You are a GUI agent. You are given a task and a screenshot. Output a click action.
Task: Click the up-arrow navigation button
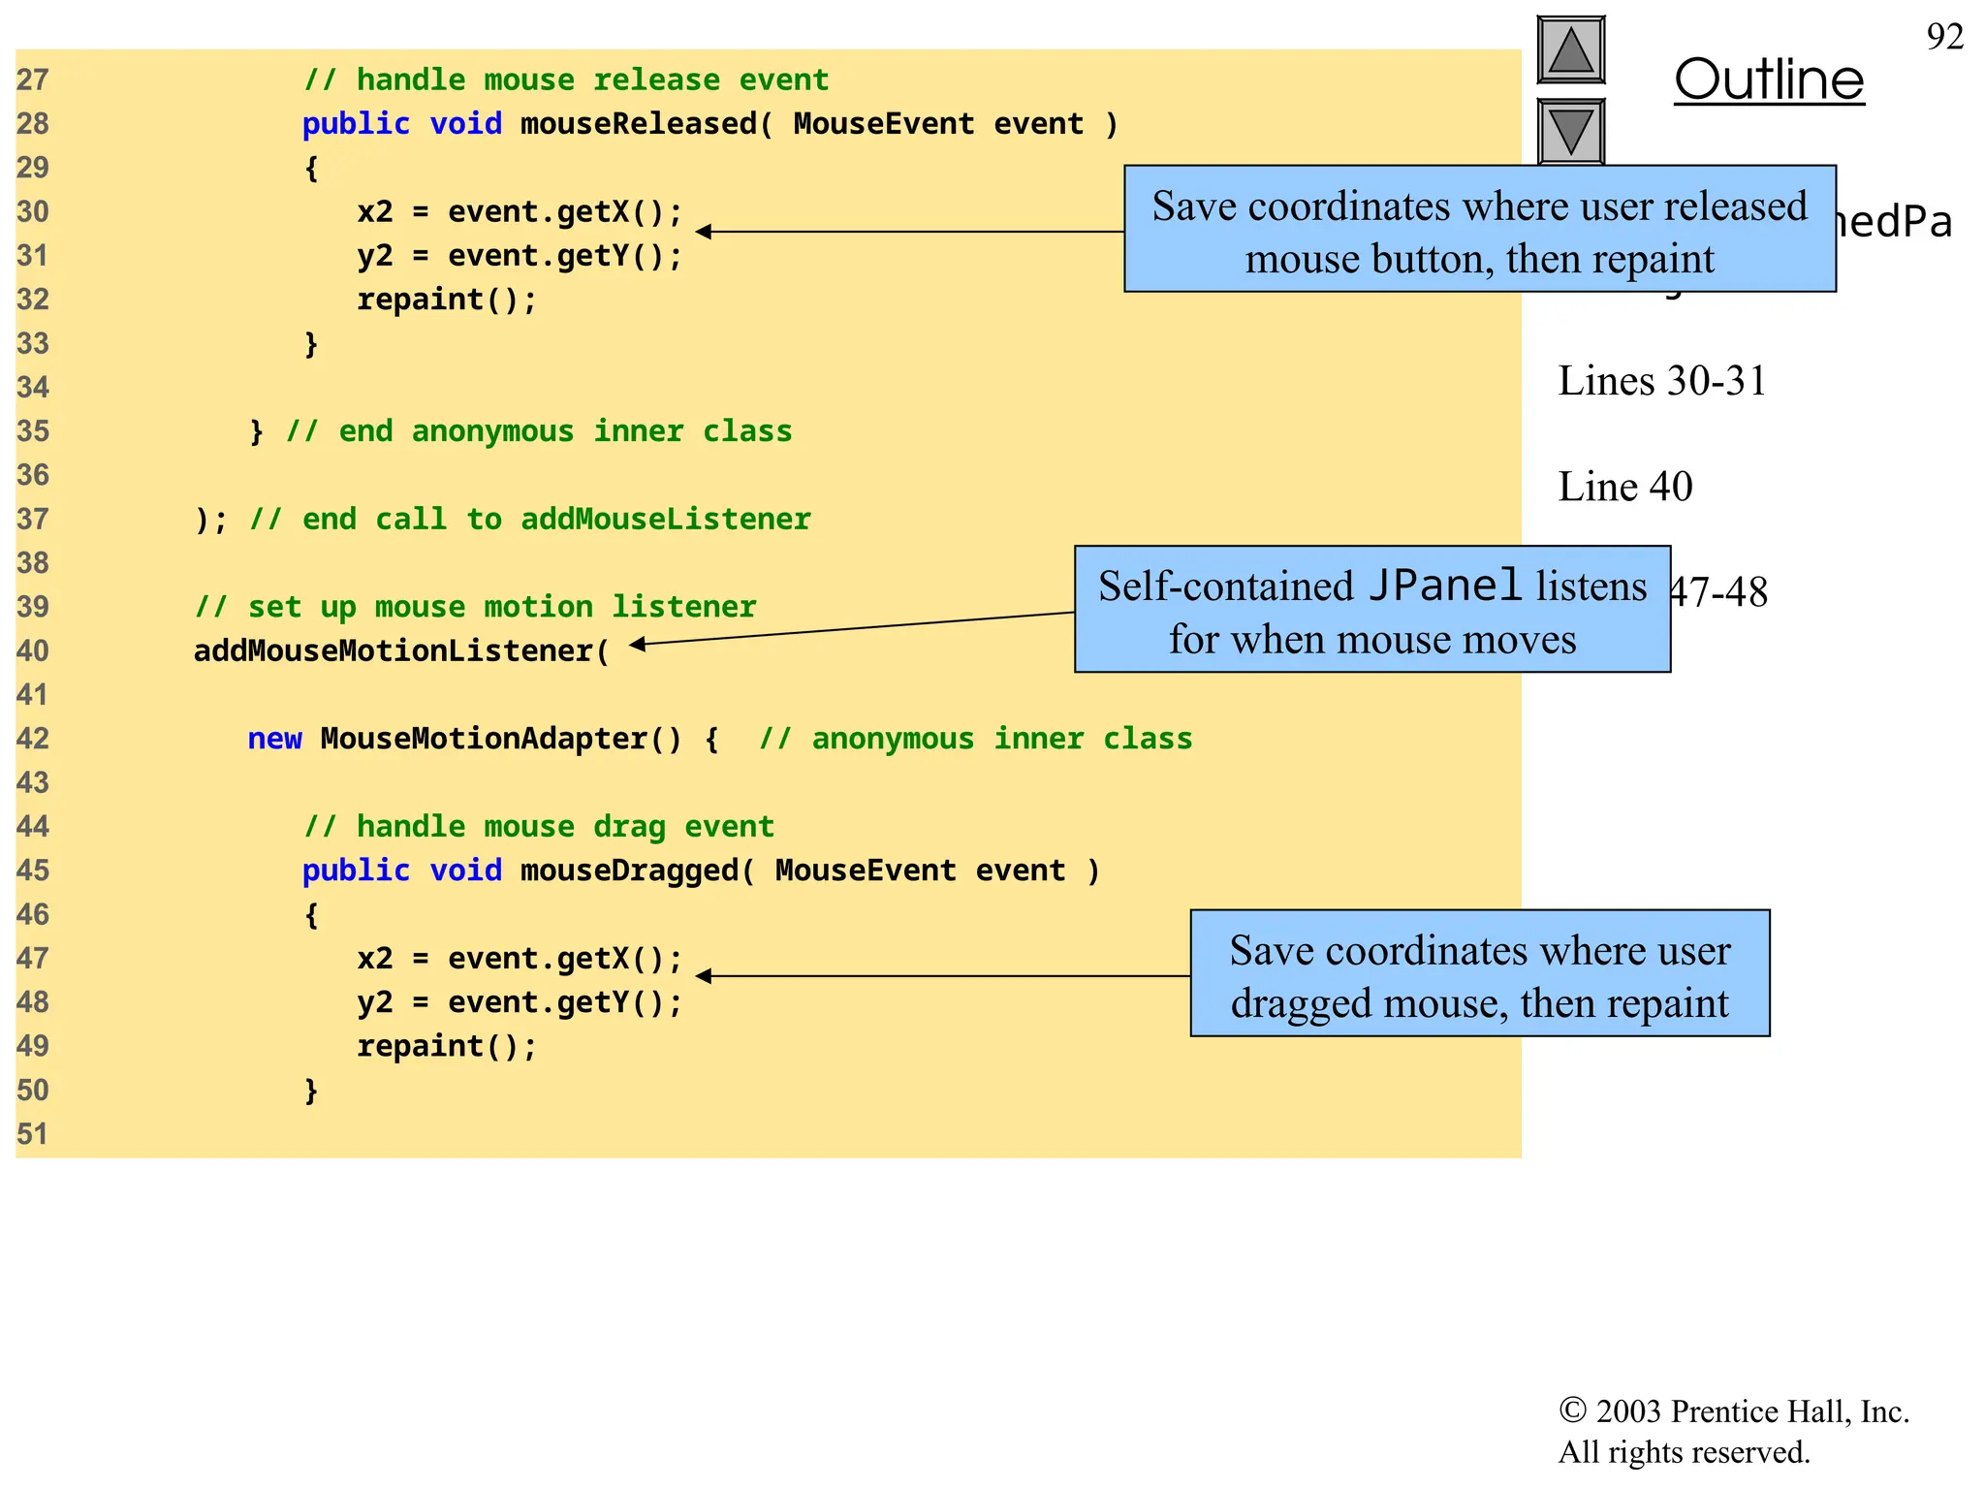tap(1570, 50)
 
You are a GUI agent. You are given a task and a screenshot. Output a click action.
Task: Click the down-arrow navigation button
tap(1570, 131)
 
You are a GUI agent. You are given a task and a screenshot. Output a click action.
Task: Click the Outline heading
tap(1769, 79)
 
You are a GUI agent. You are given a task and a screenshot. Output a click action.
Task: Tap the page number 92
tap(1944, 37)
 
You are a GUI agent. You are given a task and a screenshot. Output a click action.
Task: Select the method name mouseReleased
tap(639, 124)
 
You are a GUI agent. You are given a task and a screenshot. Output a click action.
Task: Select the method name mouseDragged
tap(630, 871)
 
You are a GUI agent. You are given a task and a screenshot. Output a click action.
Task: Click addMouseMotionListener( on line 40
tap(401, 650)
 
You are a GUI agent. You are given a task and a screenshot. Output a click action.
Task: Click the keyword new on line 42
tap(274, 739)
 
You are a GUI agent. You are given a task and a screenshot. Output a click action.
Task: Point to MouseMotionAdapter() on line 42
tap(501, 739)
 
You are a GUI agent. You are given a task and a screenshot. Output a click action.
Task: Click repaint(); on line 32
tap(446, 300)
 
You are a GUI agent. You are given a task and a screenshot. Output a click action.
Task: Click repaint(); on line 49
tap(446, 1046)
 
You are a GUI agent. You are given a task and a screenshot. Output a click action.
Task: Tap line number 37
tap(33, 520)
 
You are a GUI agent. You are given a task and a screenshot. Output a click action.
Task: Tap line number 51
tap(33, 1134)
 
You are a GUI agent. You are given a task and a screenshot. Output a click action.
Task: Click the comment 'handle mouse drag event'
tap(539, 827)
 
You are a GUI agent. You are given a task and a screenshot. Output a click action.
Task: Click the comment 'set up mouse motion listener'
tap(475, 607)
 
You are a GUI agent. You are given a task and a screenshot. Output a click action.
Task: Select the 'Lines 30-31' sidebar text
tap(1661, 381)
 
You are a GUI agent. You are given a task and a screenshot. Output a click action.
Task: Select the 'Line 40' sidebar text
tap(1624, 487)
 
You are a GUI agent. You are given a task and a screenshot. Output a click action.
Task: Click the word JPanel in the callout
tap(1444, 586)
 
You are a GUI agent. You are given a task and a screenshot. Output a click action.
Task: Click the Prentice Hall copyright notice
tap(1733, 1431)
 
